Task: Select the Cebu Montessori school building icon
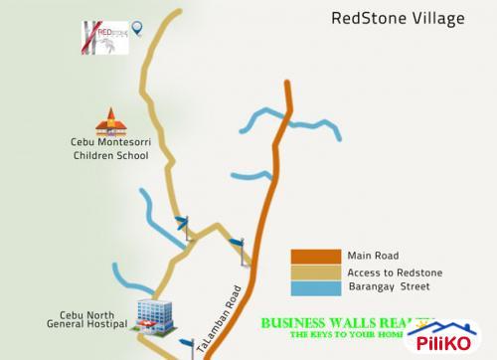(x=109, y=122)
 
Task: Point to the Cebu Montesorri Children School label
(x=109, y=149)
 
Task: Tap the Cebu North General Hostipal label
(x=87, y=318)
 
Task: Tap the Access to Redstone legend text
(x=395, y=271)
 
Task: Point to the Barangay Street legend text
(x=389, y=288)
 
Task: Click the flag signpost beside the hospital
(x=186, y=345)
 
